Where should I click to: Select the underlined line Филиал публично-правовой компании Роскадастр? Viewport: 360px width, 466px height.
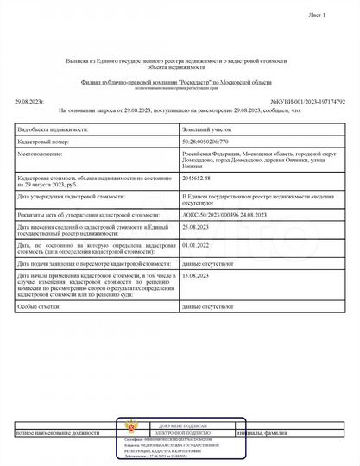point(180,81)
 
